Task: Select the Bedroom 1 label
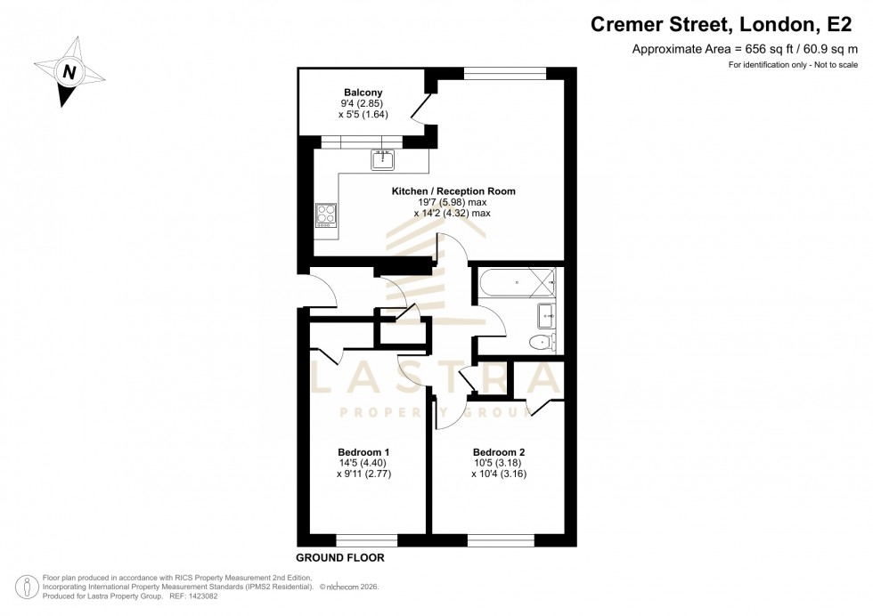363,452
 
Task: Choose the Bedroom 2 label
499,452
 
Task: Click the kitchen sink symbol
383,160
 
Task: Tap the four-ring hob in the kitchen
326,215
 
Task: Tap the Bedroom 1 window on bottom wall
366,539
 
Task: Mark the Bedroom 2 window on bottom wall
501,539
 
